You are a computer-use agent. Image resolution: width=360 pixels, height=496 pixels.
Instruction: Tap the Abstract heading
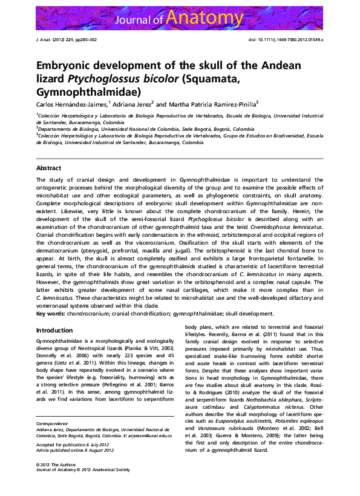point(48,167)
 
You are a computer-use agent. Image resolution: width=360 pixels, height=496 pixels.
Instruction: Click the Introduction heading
point(54,330)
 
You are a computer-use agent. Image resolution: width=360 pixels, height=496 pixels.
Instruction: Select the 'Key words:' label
point(50,314)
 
